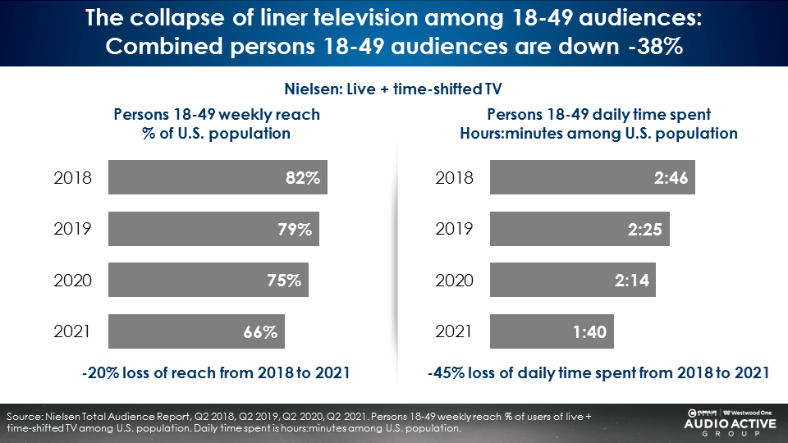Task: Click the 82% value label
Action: [301, 177]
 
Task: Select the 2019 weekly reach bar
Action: [213, 229]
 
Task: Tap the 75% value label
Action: [283, 281]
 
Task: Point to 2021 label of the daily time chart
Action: [454, 331]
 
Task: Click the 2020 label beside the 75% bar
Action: [72, 281]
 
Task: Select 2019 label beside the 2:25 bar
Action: [454, 229]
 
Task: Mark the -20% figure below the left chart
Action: [100, 373]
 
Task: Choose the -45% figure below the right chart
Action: [448, 373]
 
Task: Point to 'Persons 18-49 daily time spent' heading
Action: [598, 115]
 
